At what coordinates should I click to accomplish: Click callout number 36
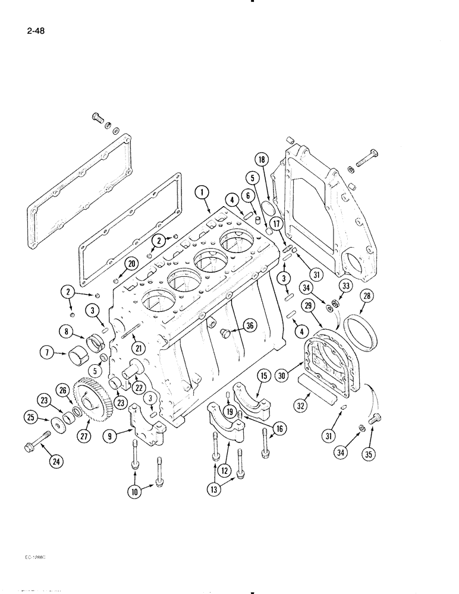click(250, 326)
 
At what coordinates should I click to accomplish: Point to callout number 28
click(366, 296)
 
